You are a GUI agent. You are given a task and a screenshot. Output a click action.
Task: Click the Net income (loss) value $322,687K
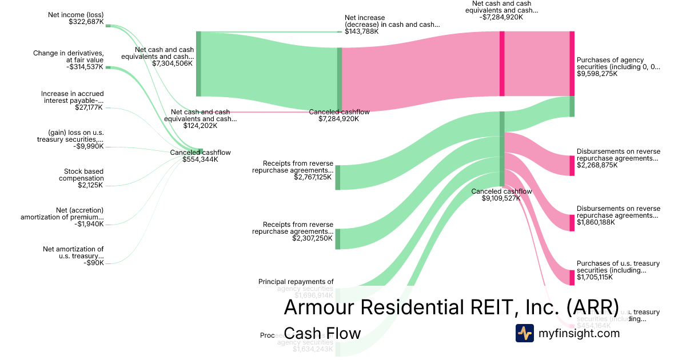pos(86,22)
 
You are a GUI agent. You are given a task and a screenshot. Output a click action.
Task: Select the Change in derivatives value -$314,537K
pos(85,67)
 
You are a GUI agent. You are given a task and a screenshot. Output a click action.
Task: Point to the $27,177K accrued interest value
pos(89,107)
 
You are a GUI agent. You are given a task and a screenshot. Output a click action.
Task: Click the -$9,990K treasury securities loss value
pos(89,146)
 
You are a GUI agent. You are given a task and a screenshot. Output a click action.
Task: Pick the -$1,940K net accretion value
pos(89,224)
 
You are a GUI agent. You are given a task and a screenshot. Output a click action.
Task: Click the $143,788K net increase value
pos(361,31)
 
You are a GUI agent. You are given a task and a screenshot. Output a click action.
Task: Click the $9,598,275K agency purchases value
pos(597,74)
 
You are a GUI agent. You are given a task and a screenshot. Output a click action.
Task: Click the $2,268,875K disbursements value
pos(596,165)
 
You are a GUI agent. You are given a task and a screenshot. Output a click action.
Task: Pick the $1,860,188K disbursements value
pos(596,222)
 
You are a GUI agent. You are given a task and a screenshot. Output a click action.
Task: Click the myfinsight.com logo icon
pos(524,333)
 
